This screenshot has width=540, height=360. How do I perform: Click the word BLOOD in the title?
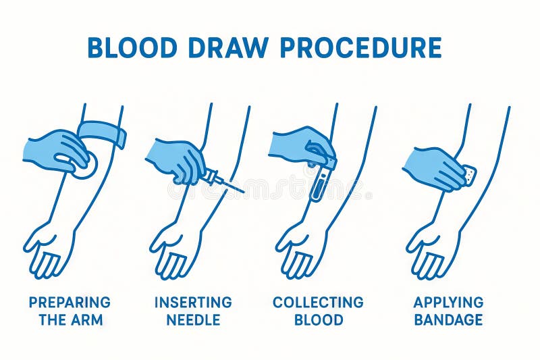pos(132,47)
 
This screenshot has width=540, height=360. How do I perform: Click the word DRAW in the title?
pos(227,47)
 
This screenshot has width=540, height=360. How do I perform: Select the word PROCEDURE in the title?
pos(361,47)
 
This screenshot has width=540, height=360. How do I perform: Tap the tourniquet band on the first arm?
pos(102,133)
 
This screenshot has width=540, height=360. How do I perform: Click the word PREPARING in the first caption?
pos(70,303)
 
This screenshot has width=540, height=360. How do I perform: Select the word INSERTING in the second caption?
pos(193,303)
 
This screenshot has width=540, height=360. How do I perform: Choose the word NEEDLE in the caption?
pos(193,320)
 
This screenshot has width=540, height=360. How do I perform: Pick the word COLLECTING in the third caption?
pos(318,303)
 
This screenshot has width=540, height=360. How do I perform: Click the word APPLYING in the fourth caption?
pos(448,303)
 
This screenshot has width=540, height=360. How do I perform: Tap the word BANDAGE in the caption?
pos(448,320)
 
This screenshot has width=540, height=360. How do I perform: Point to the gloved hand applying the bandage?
pos(435,168)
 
